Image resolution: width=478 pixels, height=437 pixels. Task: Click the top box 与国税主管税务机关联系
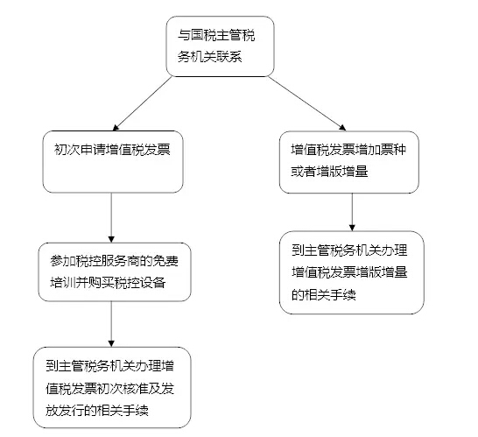[220, 46]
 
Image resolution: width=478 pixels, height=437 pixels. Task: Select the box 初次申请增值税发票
[113, 162]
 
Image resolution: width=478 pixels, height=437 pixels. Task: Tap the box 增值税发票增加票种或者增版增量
[349, 162]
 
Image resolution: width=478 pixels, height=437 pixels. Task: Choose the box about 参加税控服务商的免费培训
[115, 272]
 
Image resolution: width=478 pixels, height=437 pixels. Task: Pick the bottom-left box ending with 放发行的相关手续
[112, 387]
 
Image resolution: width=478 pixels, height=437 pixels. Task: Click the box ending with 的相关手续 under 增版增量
[352, 272]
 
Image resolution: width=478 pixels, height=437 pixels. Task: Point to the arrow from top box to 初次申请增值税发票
[143, 103]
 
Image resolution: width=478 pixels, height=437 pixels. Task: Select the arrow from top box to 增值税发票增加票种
[307, 103]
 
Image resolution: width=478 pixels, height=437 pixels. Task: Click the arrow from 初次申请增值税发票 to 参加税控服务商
[111, 218]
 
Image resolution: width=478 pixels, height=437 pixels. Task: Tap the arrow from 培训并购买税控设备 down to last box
[111, 324]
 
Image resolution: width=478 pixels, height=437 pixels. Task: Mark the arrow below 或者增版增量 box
[352, 212]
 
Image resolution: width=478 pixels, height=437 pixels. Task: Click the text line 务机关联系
[210, 57]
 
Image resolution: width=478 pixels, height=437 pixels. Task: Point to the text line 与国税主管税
[216, 35]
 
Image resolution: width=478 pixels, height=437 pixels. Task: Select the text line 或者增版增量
[329, 171]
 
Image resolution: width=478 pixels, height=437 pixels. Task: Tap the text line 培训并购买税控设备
[108, 282]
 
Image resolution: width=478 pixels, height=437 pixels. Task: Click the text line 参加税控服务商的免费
[115, 261]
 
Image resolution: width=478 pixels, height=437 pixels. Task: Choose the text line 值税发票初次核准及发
[110, 388]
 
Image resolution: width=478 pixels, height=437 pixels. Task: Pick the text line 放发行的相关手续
[97, 410]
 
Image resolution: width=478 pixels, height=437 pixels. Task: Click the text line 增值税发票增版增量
[349, 272]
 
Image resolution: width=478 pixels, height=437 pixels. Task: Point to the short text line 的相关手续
[324, 294]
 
